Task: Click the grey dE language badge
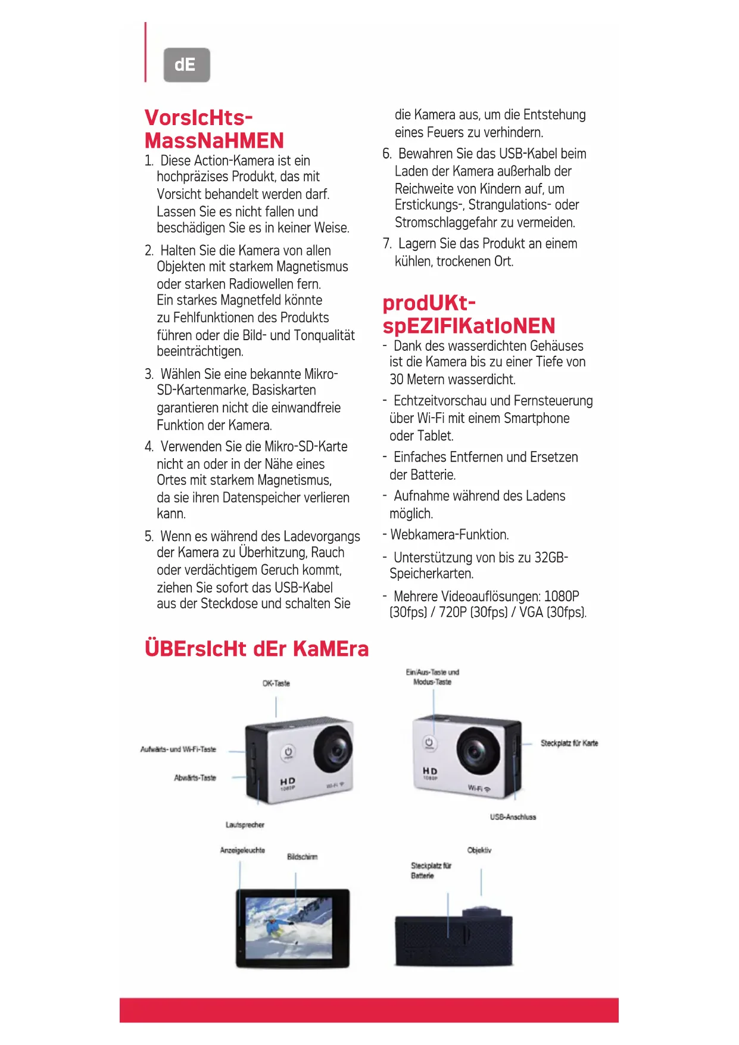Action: [186, 65]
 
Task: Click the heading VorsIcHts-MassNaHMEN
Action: [214, 129]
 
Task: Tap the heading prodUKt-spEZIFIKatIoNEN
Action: [469, 315]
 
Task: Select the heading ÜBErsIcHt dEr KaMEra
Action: [256, 649]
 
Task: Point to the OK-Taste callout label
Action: [276, 683]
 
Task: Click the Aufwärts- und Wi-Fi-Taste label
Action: [178, 749]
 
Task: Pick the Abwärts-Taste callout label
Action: [195, 777]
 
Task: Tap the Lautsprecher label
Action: [245, 825]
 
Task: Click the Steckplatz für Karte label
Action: [569, 743]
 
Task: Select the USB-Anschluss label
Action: [513, 817]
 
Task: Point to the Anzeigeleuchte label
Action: [242, 850]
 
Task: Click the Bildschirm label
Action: [302, 857]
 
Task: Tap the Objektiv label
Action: [479, 850]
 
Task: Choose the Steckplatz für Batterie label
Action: [431, 870]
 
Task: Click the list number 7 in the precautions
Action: [387, 244]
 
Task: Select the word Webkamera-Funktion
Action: [450, 535]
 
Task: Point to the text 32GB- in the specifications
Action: [551, 558]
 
